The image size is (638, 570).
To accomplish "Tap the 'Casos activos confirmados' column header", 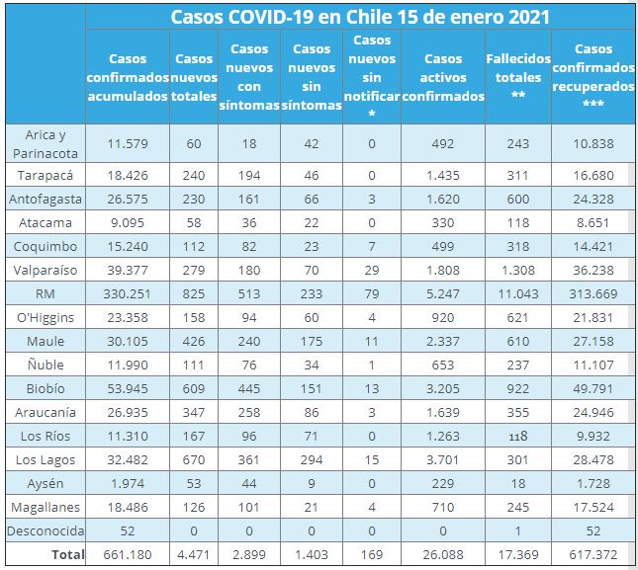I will pyautogui.click(x=443, y=76).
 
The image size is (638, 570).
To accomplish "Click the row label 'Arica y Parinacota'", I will pyautogui.click(x=46, y=143).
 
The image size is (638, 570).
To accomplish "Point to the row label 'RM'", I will pyautogui.click(x=46, y=292).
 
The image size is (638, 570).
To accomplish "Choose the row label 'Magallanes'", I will pyautogui.click(x=46, y=507).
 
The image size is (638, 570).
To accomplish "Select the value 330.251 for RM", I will pyautogui.click(x=127, y=292).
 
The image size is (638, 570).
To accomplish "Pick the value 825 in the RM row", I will pyautogui.click(x=193, y=292).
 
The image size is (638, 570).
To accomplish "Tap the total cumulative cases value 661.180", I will pyautogui.click(x=127, y=555).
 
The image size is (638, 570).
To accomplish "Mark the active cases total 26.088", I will pyautogui.click(x=442, y=555).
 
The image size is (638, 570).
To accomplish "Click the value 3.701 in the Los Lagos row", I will pyautogui.click(x=442, y=459).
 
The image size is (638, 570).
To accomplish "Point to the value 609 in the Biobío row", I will pyautogui.click(x=193, y=388).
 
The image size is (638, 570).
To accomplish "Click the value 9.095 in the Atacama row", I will pyautogui.click(x=127, y=221).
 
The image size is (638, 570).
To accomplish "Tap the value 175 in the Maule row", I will pyautogui.click(x=312, y=340).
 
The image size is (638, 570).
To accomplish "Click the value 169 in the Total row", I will pyautogui.click(x=372, y=555).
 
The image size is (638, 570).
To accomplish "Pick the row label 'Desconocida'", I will pyautogui.click(x=46, y=531).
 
